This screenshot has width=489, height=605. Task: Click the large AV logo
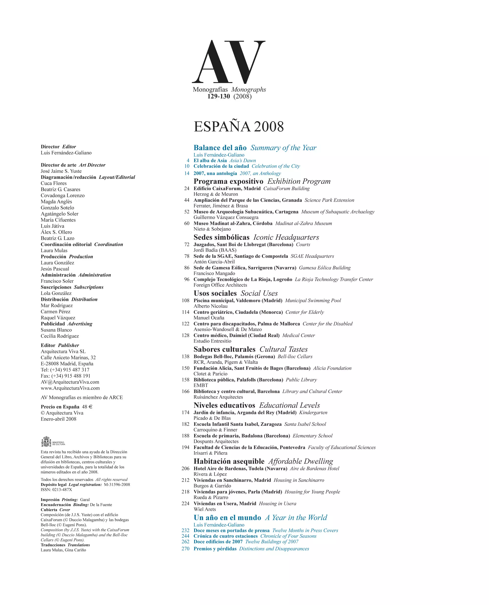tap(228, 62)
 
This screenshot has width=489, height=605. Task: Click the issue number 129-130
tap(219, 96)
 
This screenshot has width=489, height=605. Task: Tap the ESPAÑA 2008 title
tap(239, 126)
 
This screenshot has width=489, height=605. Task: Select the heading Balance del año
tap(220, 148)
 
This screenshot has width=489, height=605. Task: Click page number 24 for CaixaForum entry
tap(187, 188)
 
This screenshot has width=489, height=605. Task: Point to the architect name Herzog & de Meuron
tap(215, 194)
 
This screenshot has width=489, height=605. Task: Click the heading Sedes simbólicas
tap(222, 237)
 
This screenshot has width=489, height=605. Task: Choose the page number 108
tap(185, 300)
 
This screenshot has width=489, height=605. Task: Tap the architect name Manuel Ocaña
tap(209, 318)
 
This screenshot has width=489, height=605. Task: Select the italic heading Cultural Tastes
tap(283, 349)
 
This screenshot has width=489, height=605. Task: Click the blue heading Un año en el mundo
tap(227, 518)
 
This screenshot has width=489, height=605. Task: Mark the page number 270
tap(185, 549)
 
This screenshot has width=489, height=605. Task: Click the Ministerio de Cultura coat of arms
tap(46, 442)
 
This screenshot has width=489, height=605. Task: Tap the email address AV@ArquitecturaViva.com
tap(70, 382)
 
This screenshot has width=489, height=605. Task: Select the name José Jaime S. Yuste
tap(61, 171)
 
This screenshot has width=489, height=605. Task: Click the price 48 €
tap(87, 407)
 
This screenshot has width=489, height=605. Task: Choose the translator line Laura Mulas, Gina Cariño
tap(63, 550)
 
